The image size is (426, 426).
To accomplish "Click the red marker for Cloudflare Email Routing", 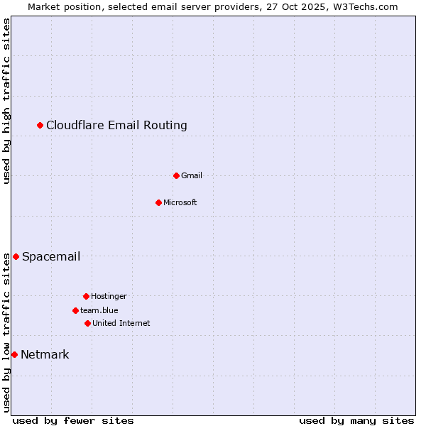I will click(x=40, y=126).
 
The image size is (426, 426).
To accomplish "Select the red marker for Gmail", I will click(x=176, y=175).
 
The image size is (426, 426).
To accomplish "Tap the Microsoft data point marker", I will click(x=158, y=202).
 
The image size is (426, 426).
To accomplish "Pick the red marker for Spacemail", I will click(x=16, y=256).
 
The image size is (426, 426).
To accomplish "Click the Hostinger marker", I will click(x=86, y=296).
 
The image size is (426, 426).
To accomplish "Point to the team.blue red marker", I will click(x=75, y=310).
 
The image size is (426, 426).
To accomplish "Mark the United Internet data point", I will click(x=87, y=323).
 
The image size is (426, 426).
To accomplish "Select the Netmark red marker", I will click(x=14, y=354).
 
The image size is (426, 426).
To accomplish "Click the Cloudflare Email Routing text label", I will click(x=116, y=126).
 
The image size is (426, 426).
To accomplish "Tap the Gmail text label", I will click(x=192, y=175).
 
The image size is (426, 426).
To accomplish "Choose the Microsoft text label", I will click(x=180, y=202).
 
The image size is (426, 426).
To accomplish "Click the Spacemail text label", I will click(x=51, y=256).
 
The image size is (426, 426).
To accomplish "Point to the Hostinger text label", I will click(x=109, y=296).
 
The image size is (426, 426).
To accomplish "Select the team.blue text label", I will click(x=99, y=310).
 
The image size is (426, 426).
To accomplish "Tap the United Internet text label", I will click(x=121, y=323).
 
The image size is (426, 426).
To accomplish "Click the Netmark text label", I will click(x=45, y=354).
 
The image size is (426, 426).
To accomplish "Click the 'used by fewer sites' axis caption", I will click(x=73, y=420).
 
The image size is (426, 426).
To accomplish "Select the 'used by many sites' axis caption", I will click(x=356, y=420).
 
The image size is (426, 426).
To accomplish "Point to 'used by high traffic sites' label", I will click(x=6, y=101).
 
